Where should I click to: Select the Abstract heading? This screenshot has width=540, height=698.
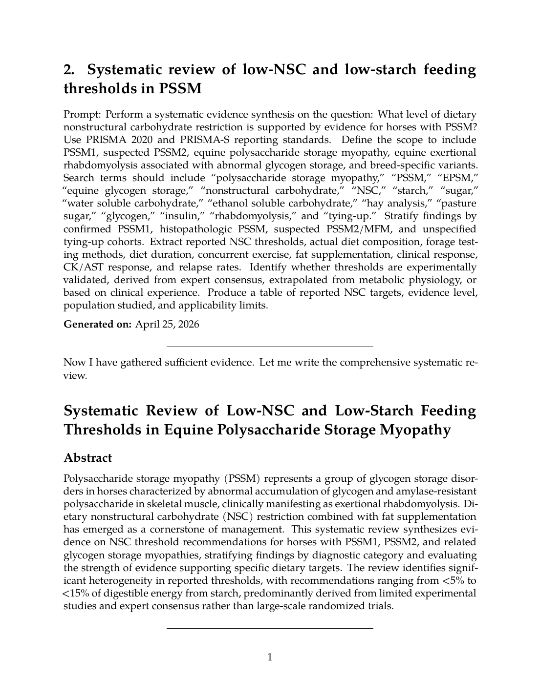[x=88, y=458]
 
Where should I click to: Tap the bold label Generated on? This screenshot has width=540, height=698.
[x=98, y=324]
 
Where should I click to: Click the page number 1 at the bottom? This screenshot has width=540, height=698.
[x=270, y=657]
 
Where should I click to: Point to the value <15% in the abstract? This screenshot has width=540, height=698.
[x=72, y=593]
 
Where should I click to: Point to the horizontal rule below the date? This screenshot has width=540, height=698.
[x=270, y=347]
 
